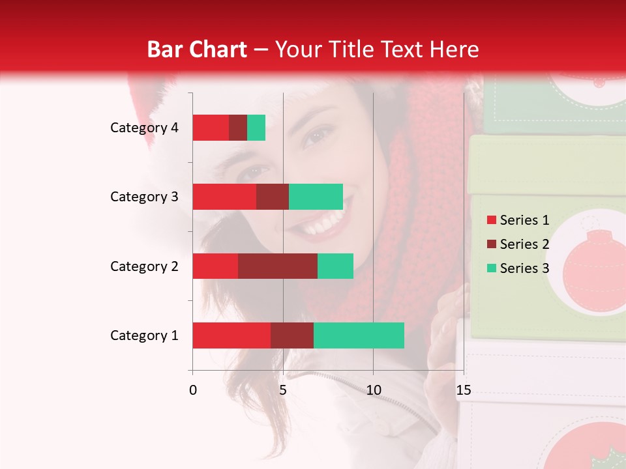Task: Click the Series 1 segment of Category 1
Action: click(x=231, y=335)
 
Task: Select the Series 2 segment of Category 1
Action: click(x=292, y=335)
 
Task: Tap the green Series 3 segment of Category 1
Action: click(x=359, y=335)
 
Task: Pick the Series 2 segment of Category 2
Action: click(x=278, y=266)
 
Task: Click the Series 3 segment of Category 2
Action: click(x=335, y=266)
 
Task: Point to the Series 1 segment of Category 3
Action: click(x=224, y=197)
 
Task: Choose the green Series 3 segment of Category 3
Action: click(x=316, y=197)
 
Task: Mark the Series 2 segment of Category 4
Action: click(x=238, y=128)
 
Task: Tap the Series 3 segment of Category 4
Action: click(x=256, y=128)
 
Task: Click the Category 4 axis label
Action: click(x=144, y=128)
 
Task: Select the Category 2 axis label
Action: click(x=144, y=266)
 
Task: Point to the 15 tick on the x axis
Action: click(x=463, y=390)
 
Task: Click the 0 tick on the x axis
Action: click(x=192, y=390)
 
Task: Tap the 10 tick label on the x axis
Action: click(x=373, y=390)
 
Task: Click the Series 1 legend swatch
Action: click(x=491, y=220)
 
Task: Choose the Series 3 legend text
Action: click(x=524, y=268)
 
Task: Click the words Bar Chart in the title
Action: click(x=197, y=49)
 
